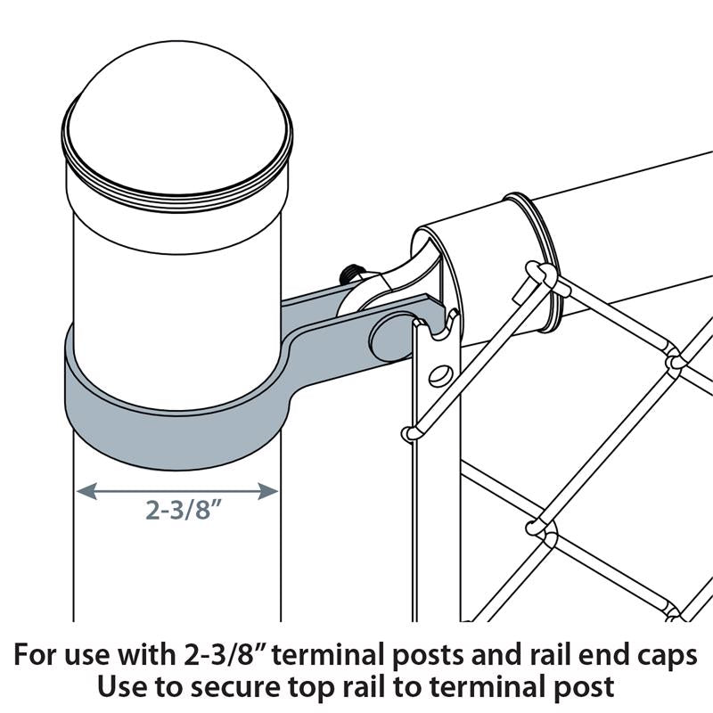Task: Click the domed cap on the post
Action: pos(178,107)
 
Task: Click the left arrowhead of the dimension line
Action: pos(82,490)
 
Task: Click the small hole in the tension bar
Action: pos(438,374)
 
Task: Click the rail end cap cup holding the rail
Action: pos(428,267)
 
